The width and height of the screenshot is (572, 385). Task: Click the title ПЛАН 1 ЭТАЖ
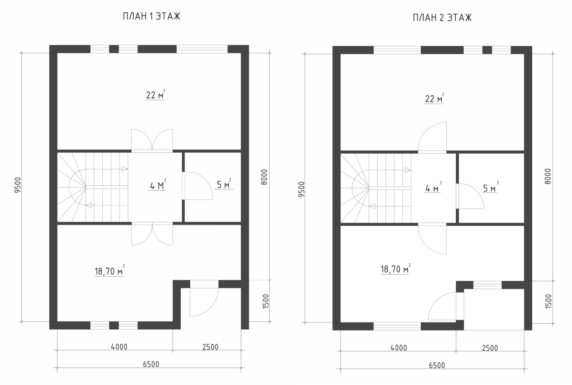pyautogui.click(x=152, y=16)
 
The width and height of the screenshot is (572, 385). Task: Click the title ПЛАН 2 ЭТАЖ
pyautogui.click(x=442, y=18)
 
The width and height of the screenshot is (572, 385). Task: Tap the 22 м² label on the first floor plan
pyautogui.click(x=155, y=95)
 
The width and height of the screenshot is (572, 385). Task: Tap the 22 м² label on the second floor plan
pyautogui.click(x=434, y=99)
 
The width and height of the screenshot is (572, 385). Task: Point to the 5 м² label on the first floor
pyautogui.click(x=224, y=184)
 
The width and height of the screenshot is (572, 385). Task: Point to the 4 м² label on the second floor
pyautogui.click(x=433, y=187)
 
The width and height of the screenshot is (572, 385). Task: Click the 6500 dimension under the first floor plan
pyautogui.click(x=151, y=364)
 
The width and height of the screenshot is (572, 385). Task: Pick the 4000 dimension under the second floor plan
pyautogui.click(x=399, y=348)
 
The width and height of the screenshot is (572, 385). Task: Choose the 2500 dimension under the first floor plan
pyautogui.click(x=210, y=347)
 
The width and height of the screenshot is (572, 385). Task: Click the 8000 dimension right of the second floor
pyautogui.click(x=547, y=176)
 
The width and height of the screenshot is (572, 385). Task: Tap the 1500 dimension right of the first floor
pyautogui.click(x=266, y=301)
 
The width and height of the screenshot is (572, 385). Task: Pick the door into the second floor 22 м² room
pyautogui.click(x=432, y=137)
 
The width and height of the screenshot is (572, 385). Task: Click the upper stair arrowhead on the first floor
pyautogui.click(x=125, y=169)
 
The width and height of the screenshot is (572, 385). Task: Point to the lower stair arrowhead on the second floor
pyautogui.click(x=372, y=206)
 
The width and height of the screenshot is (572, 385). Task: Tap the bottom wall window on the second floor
pyautogui.click(x=397, y=326)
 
